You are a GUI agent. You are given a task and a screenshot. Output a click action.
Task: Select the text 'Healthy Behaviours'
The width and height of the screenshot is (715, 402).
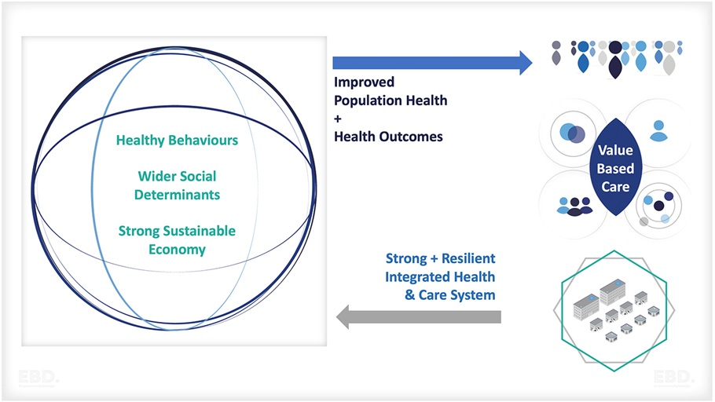coord(177,141)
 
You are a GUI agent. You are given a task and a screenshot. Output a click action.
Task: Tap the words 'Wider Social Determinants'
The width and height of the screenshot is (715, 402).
coord(177,185)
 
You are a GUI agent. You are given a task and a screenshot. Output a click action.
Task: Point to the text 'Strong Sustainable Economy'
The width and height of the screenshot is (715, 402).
coord(177,240)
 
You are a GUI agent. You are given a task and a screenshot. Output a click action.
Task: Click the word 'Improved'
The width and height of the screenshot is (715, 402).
coord(365,82)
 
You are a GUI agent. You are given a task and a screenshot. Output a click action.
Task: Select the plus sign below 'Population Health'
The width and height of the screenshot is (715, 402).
coord(339,118)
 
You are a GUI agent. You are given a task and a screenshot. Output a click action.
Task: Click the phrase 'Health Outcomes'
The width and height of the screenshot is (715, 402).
coord(388,136)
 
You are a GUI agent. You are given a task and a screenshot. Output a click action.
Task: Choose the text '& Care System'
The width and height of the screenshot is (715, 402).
coord(450,295)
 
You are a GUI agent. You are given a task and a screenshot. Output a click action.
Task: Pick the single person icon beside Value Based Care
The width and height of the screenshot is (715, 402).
coord(658,130)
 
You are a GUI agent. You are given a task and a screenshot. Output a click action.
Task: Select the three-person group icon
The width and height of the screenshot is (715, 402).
coord(574,206)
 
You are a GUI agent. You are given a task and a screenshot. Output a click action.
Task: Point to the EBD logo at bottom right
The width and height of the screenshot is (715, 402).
coord(673,378)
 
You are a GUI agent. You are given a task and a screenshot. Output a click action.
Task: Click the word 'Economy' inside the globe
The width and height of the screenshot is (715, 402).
coord(177,250)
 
